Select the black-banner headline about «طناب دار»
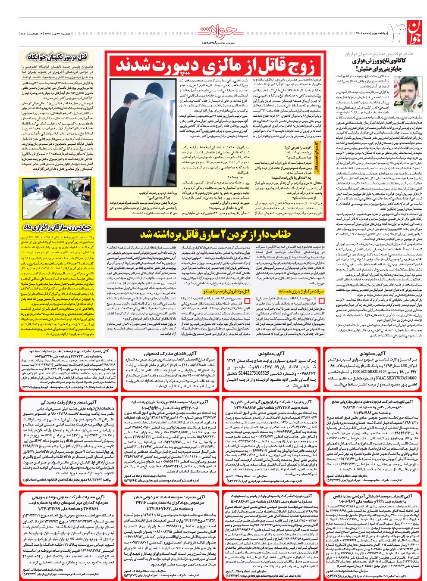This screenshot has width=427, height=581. [x=216, y=234]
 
